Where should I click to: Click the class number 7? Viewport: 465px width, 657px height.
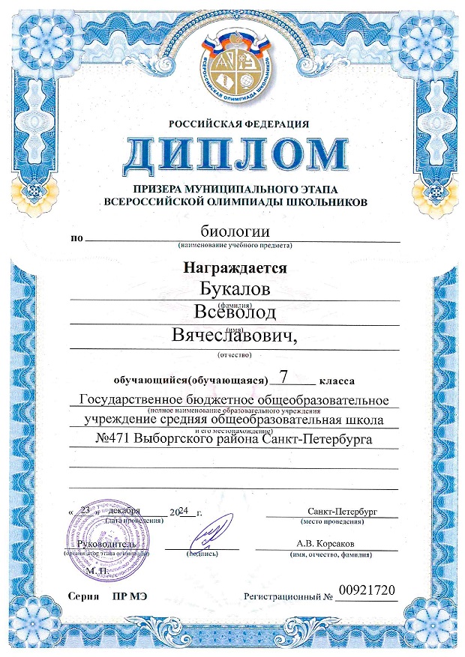tap(282, 375)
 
